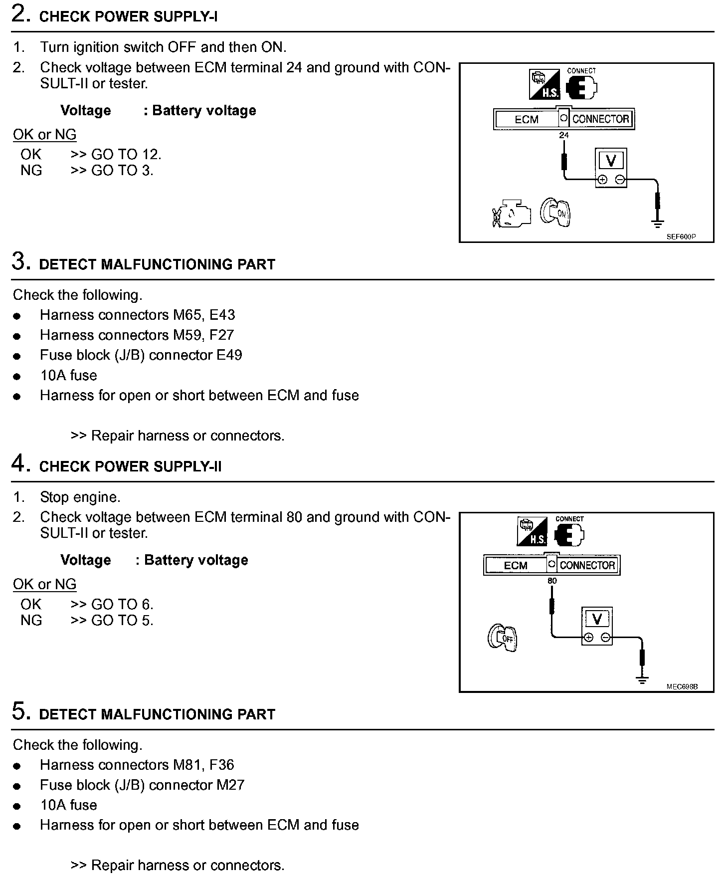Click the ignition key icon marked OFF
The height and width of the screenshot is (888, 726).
coord(502,638)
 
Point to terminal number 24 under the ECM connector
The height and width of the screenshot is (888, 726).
coord(563,135)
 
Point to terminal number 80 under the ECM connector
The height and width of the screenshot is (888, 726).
coord(552,581)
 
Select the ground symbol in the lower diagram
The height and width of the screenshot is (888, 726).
coord(642,679)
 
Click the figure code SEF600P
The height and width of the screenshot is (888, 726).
coord(681,237)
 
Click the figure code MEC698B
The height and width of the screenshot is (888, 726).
coord(682,686)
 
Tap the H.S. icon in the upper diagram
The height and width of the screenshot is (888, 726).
coord(544,85)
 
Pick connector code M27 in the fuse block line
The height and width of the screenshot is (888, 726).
coord(230,785)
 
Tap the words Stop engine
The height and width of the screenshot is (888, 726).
coord(80,497)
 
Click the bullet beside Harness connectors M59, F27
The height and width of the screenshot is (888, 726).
coord(17,336)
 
